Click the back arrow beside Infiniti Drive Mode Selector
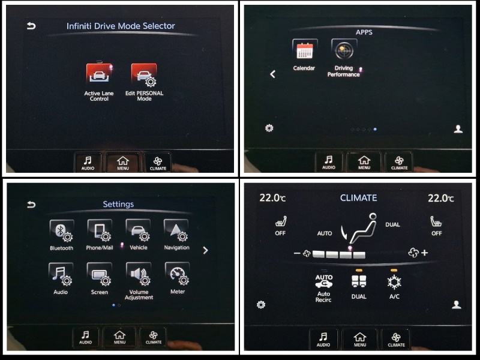(31, 26)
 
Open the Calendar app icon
(305, 49)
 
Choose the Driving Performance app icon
(344, 49)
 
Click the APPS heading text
(364, 32)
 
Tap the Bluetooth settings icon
(62, 231)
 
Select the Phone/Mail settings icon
(100, 230)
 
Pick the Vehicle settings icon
(139, 230)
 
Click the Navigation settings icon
(176, 230)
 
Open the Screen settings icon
(100, 274)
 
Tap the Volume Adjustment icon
(139, 274)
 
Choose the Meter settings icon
(177, 274)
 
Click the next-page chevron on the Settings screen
(205, 250)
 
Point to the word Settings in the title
(118, 204)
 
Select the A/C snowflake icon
(394, 282)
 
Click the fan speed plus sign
(424, 253)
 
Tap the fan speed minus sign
(296, 253)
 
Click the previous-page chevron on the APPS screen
(273, 74)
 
